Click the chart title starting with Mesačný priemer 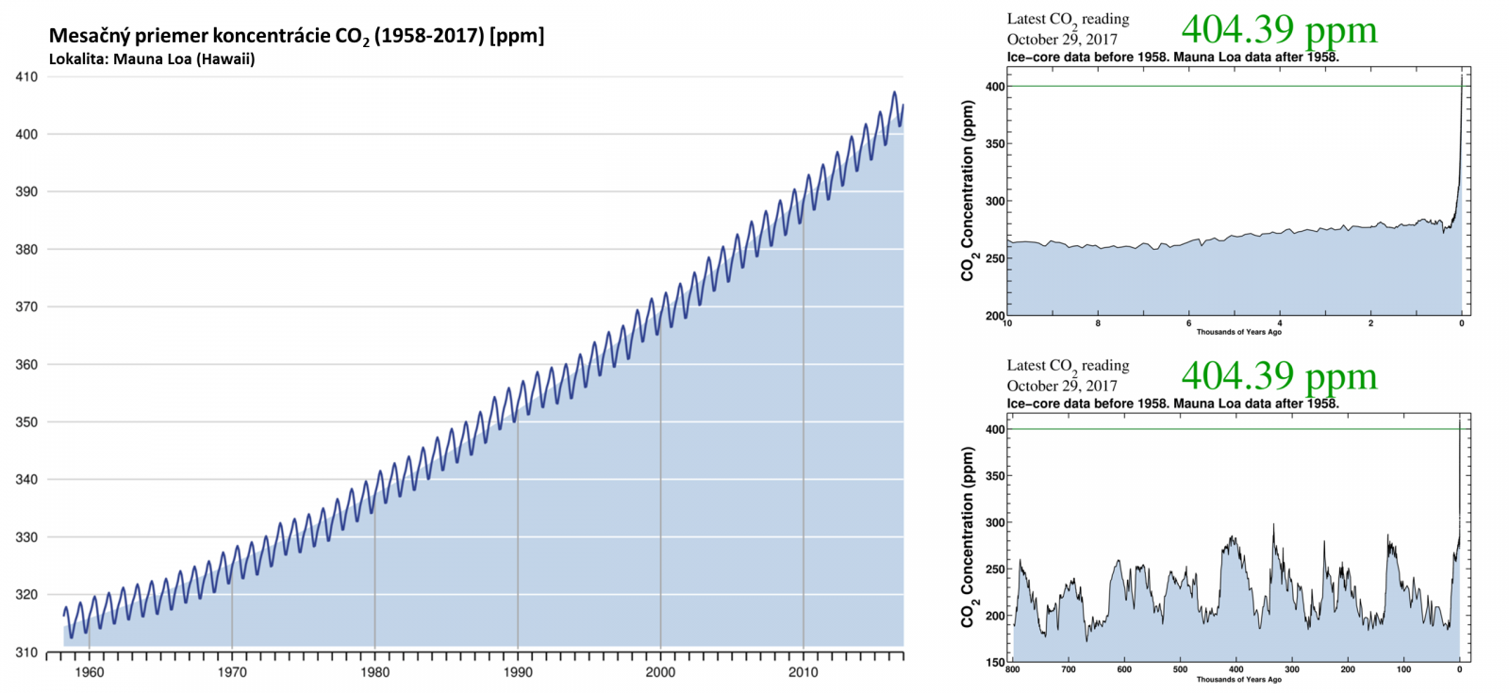click(296, 37)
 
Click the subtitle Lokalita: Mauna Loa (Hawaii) click(152, 59)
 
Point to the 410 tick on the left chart click(26, 77)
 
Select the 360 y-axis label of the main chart click(26, 365)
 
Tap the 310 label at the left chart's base click(26, 652)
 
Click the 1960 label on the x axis click(90, 672)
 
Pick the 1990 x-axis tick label click(518, 672)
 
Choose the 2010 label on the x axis click(804, 672)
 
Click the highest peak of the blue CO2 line click(894, 92)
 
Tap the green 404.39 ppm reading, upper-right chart click(1279, 29)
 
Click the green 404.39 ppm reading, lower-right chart click(1279, 376)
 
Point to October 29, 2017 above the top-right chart click(1062, 40)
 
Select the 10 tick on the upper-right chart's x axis click(1008, 323)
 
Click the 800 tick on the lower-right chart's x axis click(1013, 669)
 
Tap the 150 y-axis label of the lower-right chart click(995, 662)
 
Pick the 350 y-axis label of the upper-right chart click(995, 144)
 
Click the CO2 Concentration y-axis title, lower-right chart click(968, 537)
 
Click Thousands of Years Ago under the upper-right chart click(1239, 332)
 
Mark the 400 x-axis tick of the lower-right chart click(1235, 669)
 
